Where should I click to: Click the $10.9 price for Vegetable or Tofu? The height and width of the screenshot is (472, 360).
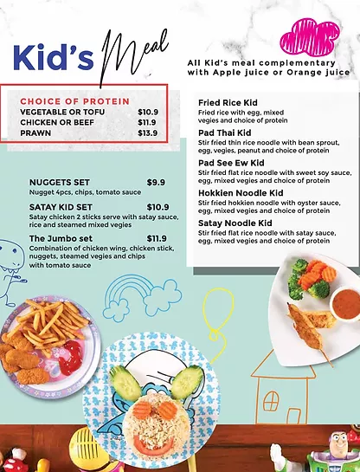pos(148,113)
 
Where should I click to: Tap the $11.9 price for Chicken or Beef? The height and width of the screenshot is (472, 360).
pos(148,123)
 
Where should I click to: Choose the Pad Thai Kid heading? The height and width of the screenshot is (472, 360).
pos(224,133)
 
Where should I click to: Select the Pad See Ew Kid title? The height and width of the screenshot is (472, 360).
pos(232,162)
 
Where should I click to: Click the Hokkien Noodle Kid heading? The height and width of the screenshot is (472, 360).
pos(241,192)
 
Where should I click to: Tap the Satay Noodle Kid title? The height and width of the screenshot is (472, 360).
pos(235,223)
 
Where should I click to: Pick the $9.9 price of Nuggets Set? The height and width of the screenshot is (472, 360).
pos(156,182)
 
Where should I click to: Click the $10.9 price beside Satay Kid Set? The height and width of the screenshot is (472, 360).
pos(157,207)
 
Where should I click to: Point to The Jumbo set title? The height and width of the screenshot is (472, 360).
pos(61,238)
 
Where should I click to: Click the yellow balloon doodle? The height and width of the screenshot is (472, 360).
pos(216,329)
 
